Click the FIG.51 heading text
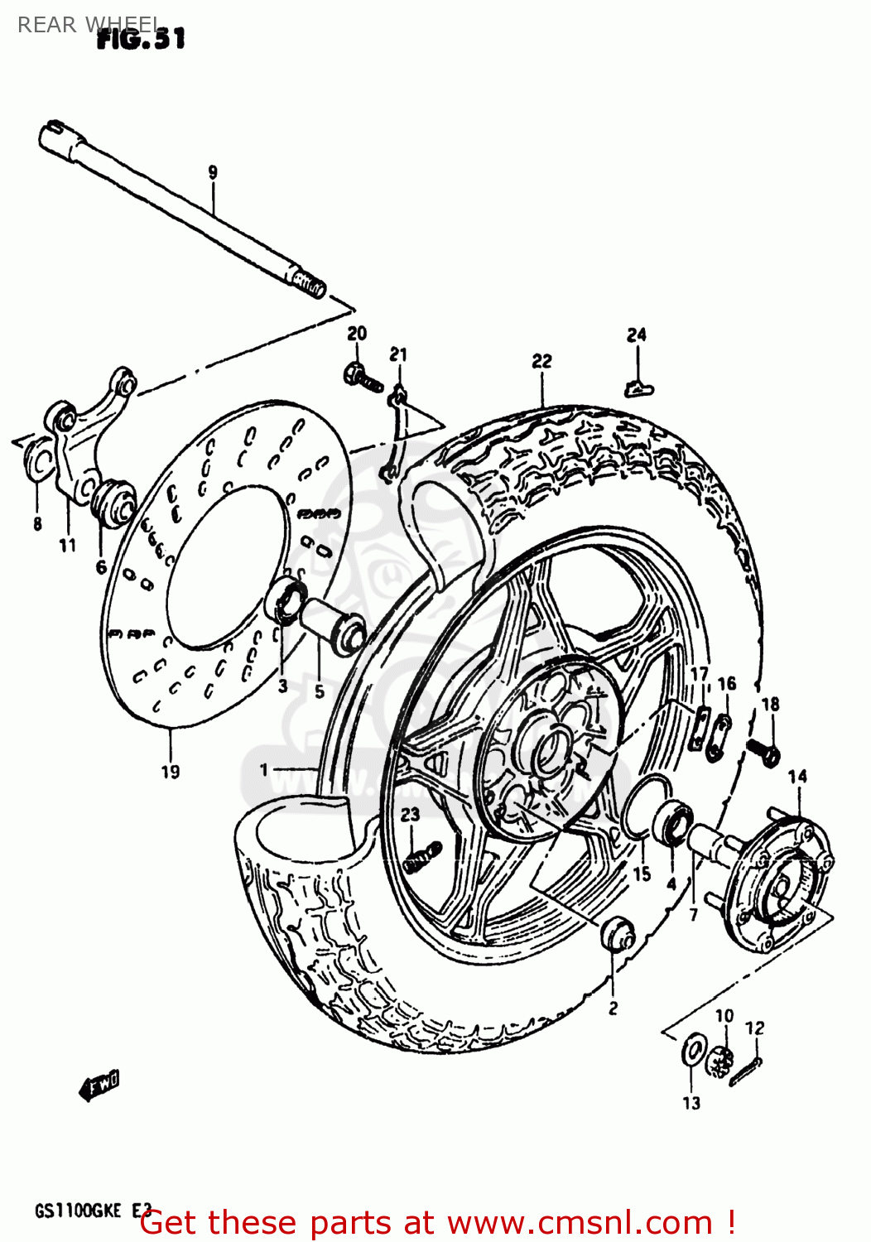pos(141,38)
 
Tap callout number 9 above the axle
pos(213,172)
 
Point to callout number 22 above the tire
pos(541,361)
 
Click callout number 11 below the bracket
pos(67,545)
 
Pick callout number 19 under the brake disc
pos(170,771)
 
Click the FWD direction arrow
pos(100,1086)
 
